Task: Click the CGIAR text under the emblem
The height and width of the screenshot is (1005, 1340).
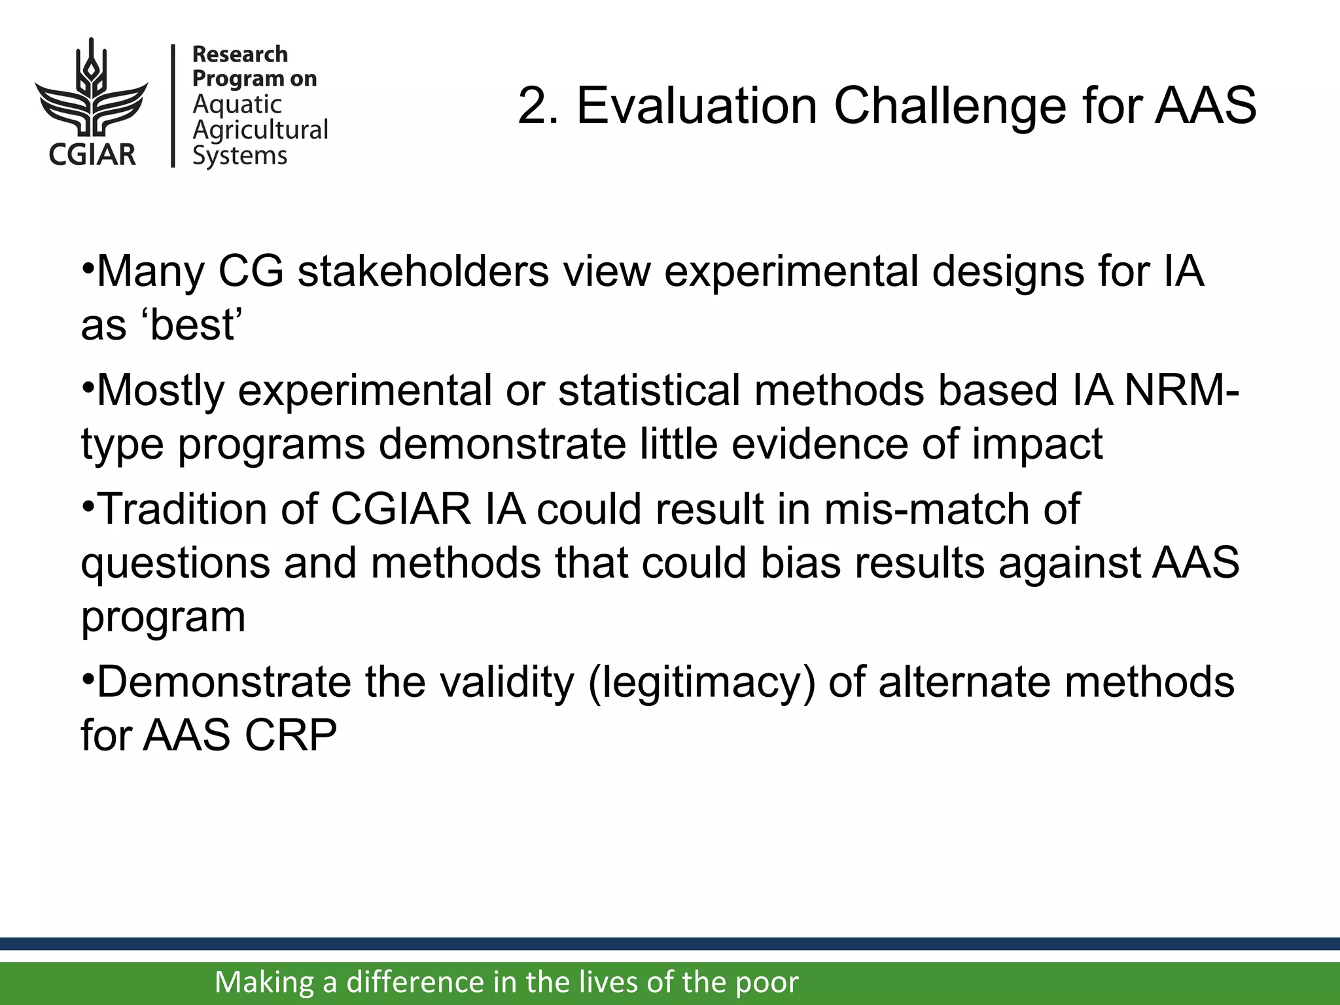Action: [92, 154]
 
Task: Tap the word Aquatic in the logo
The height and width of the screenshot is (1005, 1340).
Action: [237, 105]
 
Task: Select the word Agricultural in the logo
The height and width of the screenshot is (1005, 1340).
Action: [260, 130]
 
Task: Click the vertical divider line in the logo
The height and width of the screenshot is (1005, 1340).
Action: [173, 105]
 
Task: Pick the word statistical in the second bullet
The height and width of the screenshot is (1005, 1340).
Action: [650, 391]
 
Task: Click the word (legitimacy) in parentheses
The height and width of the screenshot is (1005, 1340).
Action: [701, 682]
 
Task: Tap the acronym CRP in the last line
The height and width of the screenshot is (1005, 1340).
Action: [291, 735]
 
